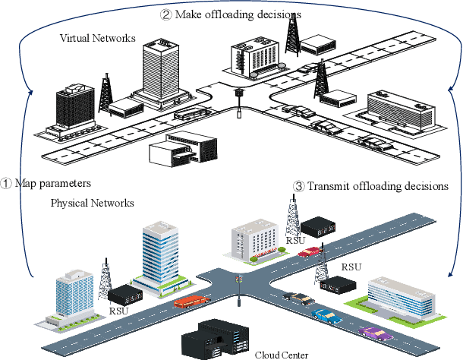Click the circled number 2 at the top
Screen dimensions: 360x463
click(x=166, y=14)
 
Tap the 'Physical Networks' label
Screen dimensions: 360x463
click(x=92, y=204)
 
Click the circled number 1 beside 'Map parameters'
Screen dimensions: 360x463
click(x=6, y=184)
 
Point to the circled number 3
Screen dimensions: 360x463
click(x=298, y=185)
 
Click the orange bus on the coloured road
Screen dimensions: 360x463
click(x=190, y=301)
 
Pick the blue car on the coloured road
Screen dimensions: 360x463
click(x=326, y=313)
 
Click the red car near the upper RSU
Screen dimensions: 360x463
click(x=310, y=251)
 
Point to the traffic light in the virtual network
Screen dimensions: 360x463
click(x=240, y=101)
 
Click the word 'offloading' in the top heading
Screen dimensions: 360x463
click(x=236, y=14)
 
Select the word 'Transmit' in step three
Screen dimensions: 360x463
click(x=329, y=185)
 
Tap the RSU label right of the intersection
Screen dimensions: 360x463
click(x=351, y=267)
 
